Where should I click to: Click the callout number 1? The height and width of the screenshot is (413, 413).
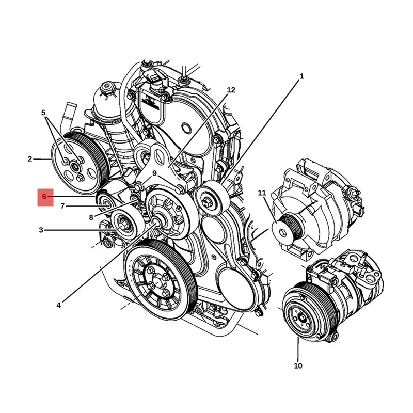301,76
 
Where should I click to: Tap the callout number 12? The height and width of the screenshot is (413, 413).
231,90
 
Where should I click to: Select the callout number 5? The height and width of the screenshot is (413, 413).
43,112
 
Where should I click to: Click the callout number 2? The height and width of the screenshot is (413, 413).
30,159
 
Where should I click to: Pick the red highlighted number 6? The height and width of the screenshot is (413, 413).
44,197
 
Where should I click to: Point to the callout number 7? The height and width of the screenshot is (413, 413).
62,206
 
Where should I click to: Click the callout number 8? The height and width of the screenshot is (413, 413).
91,217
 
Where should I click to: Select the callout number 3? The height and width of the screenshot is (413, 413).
41,230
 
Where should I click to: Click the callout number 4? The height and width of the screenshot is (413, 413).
59,305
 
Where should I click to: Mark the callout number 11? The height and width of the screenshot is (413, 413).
262,193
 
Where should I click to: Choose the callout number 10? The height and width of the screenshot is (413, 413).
298,366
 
